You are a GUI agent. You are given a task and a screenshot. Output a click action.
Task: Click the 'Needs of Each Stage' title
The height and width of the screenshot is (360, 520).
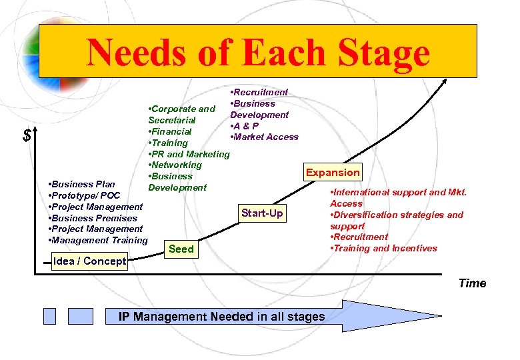[258, 52]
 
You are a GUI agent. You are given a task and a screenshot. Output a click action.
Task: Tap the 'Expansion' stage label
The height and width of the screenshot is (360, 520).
[333, 172]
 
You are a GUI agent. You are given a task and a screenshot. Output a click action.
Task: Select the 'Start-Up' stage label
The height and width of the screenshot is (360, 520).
[262, 213]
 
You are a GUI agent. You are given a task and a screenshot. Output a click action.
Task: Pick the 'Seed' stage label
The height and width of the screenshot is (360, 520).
[181, 249]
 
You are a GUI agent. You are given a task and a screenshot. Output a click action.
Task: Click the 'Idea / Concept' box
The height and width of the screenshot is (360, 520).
[89, 261]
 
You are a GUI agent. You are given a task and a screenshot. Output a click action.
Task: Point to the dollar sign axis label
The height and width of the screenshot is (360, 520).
[27, 136]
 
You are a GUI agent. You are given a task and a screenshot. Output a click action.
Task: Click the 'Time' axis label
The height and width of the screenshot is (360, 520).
[472, 283]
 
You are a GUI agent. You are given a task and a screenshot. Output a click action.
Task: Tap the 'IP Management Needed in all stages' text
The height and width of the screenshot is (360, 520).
[222, 316]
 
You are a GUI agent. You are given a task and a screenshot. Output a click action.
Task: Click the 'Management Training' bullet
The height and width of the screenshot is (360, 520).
[99, 240]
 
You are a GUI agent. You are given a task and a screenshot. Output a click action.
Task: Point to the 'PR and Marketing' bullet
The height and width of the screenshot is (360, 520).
[189, 154]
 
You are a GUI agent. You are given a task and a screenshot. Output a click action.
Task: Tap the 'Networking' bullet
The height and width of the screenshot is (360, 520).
[175, 165]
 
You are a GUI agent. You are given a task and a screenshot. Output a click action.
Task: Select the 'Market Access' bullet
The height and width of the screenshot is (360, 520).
[264, 137]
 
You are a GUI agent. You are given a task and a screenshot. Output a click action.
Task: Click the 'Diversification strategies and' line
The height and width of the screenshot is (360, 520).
[397, 215]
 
